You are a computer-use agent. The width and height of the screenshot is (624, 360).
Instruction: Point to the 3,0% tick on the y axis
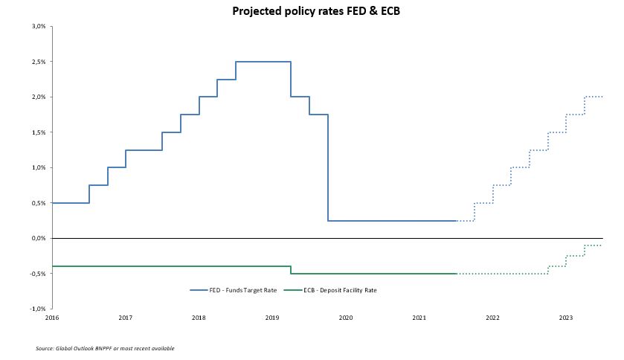[x=39, y=26]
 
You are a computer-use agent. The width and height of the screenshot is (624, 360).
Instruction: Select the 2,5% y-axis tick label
[x=39, y=62]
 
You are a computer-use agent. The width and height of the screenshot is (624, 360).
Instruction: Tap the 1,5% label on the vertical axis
[x=39, y=132]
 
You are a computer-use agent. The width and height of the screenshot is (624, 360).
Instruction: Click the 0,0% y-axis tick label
[x=39, y=239]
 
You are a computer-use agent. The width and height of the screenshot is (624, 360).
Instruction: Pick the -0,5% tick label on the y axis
[x=38, y=274]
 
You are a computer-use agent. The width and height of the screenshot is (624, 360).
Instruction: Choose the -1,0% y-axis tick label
[x=38, y=309]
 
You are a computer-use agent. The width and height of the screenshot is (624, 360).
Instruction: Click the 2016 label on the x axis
[x=52, y=318]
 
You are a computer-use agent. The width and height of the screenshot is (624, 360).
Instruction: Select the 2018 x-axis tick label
[x=199, y=318]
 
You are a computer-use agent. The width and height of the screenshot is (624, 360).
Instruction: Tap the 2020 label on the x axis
[x=346, y=318]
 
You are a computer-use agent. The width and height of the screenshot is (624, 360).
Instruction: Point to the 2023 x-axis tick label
[x=566, y=318]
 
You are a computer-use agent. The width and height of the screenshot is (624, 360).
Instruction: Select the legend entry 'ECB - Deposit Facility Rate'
[x=344, y=290]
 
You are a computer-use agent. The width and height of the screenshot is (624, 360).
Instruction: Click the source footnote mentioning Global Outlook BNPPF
[x=105, y=348]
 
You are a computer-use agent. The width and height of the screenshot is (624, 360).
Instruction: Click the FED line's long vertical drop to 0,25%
[x=328, y=167]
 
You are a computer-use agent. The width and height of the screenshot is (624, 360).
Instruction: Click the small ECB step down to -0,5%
[x=291, y=270]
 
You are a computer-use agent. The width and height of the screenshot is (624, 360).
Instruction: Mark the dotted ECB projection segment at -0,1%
[x=593, y=245]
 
